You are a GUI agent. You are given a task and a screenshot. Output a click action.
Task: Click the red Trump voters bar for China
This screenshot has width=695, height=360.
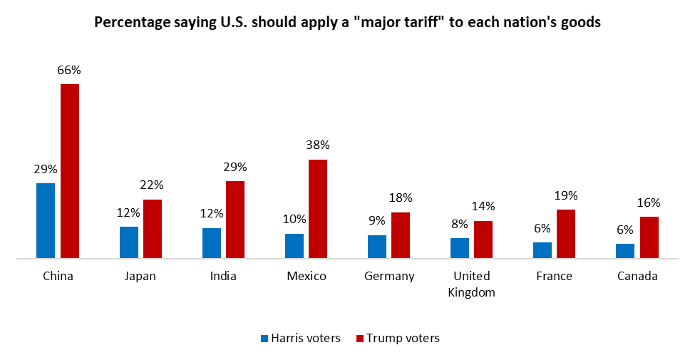69,170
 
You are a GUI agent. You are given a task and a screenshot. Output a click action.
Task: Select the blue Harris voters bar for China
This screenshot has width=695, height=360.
46,220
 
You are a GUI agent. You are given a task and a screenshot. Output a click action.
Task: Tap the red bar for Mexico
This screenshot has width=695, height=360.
318,208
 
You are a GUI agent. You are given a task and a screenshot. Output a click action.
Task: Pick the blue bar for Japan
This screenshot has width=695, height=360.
129,242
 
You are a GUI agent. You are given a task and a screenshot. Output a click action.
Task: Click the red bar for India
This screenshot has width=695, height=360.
235,219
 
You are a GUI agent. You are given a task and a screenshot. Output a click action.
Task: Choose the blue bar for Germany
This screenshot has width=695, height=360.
377,246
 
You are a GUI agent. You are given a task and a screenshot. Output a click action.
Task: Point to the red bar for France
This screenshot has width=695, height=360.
566,233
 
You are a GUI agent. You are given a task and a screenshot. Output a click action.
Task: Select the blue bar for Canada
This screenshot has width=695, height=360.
625,250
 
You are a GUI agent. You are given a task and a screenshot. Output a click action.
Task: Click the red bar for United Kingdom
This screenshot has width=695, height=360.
483,239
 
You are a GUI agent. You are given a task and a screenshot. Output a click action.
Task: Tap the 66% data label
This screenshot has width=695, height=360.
69,70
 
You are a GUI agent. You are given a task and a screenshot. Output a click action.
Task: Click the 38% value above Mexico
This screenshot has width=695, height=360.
318,145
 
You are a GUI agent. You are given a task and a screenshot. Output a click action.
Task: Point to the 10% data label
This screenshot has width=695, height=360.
294,219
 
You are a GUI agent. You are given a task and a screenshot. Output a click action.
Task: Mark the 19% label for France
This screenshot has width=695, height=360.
566,195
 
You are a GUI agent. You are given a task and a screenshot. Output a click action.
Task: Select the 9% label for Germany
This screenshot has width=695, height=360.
377,221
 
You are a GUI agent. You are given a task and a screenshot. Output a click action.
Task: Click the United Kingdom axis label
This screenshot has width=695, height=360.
471,284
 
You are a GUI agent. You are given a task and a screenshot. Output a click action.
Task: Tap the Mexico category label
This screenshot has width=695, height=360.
307,276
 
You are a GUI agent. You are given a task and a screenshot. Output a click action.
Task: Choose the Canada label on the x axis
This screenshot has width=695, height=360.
637,276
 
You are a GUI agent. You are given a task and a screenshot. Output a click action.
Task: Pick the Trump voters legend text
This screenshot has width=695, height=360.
403,338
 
